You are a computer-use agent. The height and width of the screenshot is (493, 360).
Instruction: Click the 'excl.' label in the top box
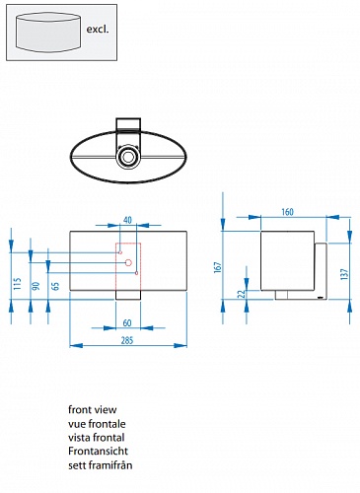98,29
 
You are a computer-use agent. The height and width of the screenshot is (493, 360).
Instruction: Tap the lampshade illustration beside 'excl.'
48,33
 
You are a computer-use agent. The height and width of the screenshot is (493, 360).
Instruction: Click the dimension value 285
127,340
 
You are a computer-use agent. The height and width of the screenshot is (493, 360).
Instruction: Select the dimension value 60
127,323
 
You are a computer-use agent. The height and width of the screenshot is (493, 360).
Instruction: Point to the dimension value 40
127,220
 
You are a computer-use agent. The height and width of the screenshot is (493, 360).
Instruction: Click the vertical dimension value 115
18,284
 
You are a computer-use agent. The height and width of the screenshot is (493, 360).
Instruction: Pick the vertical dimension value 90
36,286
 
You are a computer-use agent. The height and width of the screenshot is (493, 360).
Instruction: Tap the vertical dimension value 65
55,286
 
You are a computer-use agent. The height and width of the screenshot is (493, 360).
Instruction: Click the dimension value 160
287,212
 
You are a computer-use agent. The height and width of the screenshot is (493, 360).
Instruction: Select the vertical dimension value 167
218,267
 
